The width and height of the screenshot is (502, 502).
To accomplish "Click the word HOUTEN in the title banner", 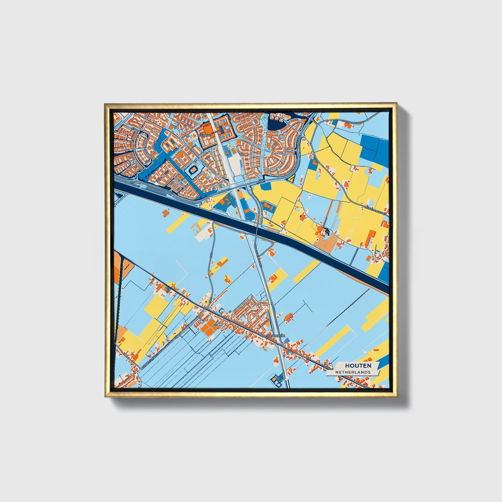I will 358,365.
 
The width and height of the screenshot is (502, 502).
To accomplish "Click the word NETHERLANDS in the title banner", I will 353,372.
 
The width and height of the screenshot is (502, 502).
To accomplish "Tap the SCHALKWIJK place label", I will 275,336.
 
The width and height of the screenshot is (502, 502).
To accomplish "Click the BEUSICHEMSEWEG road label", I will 375,211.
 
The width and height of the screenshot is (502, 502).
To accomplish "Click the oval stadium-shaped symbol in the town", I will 193,170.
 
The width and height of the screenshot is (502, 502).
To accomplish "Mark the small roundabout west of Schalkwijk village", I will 207,308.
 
